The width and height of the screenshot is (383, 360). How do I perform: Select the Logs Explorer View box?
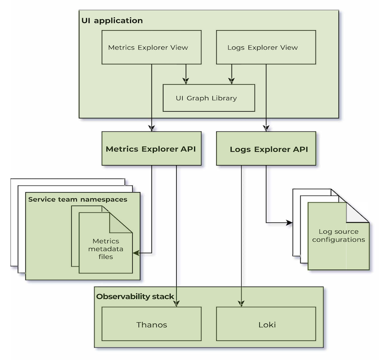pyautogui.click(x=266, y=47)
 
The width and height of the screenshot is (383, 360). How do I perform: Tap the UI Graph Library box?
pyautogui.click(x=209, y=98)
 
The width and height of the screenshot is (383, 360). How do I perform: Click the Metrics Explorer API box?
pyautogui.click(x=151, y=149)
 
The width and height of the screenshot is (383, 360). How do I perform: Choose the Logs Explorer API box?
pyautogui.click(x=266, y=149)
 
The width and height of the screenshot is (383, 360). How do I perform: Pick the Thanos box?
pyautogui.click(x=151, y=324)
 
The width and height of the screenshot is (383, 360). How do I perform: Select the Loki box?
pyautogui.click(x=266, y=324)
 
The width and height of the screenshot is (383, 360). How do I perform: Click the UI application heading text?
pyautogui.click(x=112, y=20)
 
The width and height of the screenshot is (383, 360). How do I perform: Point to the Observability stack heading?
pyautogui.click(x=135, y=296)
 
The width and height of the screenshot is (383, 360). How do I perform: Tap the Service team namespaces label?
pyautogui.click(x=77, y=199)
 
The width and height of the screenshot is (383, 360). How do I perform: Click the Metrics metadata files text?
pyautogui.click(x=106, y=249)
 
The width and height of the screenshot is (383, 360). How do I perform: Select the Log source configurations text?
pyautogui.click(x=338, y=235)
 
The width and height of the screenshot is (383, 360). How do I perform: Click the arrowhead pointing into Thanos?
pyautogui.click(x=177, y=303)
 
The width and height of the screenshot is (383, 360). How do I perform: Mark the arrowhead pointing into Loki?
pyautogui.click(x=241, y=303)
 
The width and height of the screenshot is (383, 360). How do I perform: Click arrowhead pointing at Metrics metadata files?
pyautogui.click(x=136, y=253)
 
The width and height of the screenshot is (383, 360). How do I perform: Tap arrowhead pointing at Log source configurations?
pyautogui.click(x=289, y=222)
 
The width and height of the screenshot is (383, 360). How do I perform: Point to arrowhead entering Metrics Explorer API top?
pyautogui.click(x=151, y=128)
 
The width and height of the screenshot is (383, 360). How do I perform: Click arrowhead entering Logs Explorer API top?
pyautogui.click(x=266, y=128)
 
